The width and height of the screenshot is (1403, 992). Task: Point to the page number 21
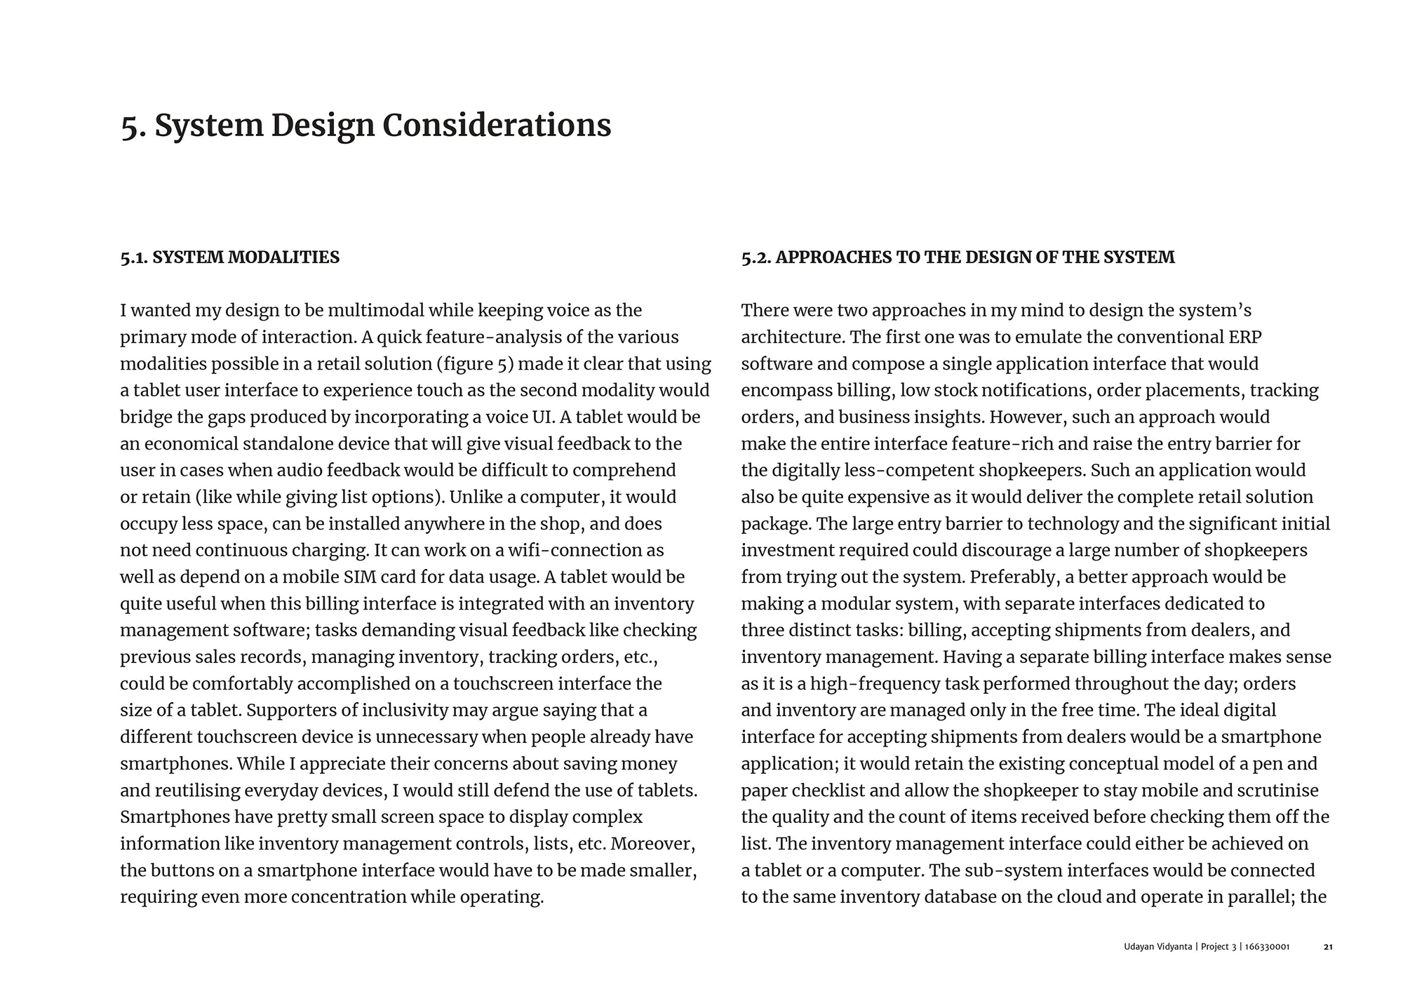click(x=1328, y=947)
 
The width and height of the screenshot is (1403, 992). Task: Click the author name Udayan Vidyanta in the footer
click(x=1157, y=947)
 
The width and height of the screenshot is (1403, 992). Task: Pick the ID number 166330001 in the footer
click(x=1268, y=947)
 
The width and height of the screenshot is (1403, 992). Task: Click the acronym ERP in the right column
click(x=1245, y=337)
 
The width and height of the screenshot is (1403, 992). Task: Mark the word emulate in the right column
click(x=1049, y=337)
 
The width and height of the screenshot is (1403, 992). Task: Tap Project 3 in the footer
click(x=1219, y=947)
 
